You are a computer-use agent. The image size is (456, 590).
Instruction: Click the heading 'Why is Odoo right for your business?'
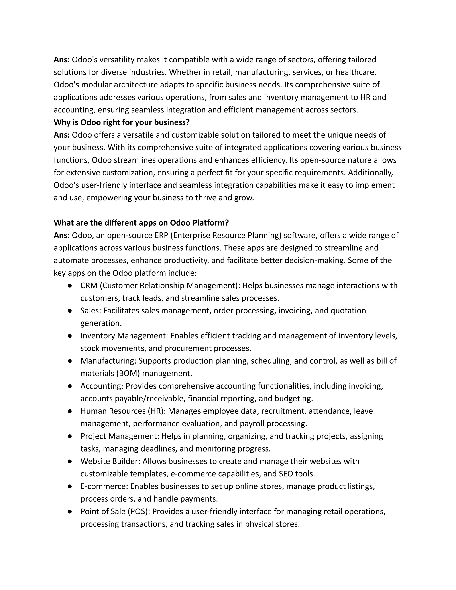tap(122, 122)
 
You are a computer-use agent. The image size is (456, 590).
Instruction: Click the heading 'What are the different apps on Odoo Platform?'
tap(141, 223)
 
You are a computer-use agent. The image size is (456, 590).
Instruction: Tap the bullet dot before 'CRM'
tap(70, 286)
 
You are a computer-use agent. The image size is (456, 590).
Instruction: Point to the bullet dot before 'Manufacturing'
tap(70, 361)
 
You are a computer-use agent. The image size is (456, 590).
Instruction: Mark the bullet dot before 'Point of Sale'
tap(70, 511)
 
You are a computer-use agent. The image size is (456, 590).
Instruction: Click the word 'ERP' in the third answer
tap(162, 235)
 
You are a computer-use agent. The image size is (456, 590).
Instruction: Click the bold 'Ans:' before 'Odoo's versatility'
tap(62, 59)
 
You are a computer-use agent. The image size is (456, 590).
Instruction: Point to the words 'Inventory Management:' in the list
tap(124, 336)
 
